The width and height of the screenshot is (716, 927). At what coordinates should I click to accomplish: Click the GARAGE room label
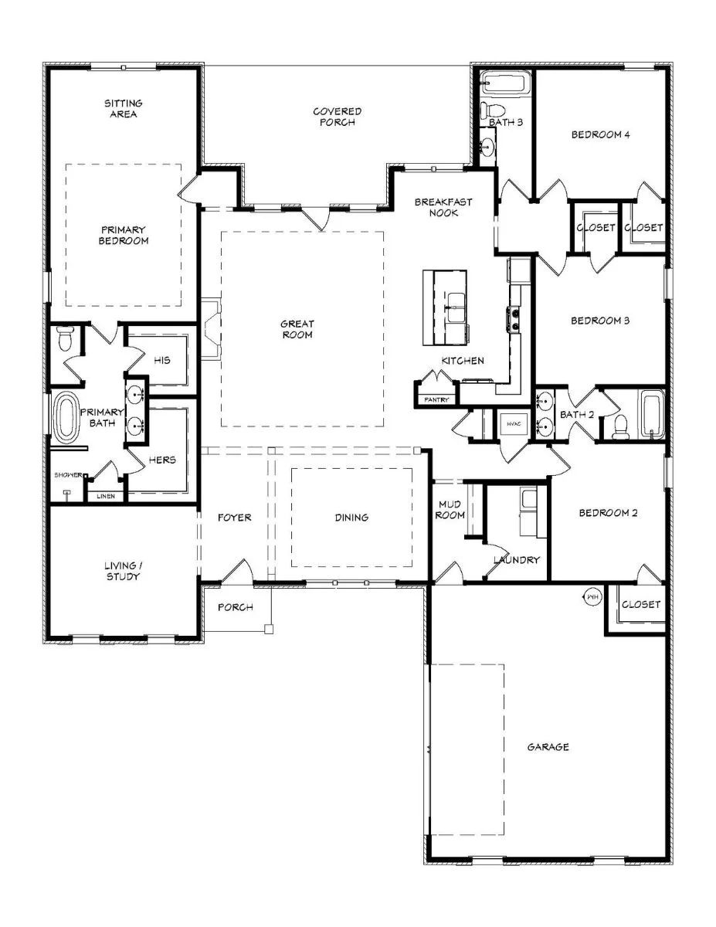pos(548,747)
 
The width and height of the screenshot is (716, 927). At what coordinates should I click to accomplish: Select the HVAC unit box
pos(514,424)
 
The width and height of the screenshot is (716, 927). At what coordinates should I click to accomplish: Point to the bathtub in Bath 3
pos(506,82)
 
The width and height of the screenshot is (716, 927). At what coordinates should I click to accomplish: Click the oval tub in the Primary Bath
pos(66,418)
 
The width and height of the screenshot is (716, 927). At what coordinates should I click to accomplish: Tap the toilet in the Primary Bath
pos(65,338)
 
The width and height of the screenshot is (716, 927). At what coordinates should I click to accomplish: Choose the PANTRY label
pos(436,400)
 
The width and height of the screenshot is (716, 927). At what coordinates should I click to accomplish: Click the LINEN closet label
pos(106,496)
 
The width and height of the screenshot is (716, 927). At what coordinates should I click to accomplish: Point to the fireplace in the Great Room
pos(212,329)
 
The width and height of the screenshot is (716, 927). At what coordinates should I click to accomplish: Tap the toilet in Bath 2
pos(621,426)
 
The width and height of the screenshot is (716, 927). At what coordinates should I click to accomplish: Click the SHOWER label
pos(68,475)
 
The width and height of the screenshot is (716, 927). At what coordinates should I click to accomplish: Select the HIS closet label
pos(162,360)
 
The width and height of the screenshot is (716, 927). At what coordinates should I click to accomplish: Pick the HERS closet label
pos(162,460)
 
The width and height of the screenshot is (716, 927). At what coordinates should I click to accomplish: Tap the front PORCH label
pos(236,607)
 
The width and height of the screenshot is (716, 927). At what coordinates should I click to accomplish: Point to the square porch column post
pos(269,629)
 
